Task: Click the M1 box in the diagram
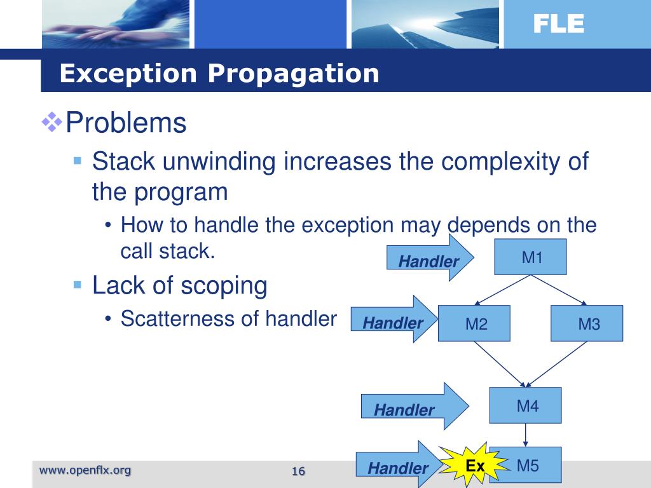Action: coord(531,257)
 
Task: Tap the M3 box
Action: coord(587,324)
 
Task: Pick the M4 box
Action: coord(526,405)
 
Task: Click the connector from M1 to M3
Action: coord(559,290)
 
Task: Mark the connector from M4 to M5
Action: coord(526,435)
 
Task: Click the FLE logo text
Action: coord(558,24)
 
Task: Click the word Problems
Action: coord(126,123)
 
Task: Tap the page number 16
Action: coord(299,471)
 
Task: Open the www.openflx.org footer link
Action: coord(85,470)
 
